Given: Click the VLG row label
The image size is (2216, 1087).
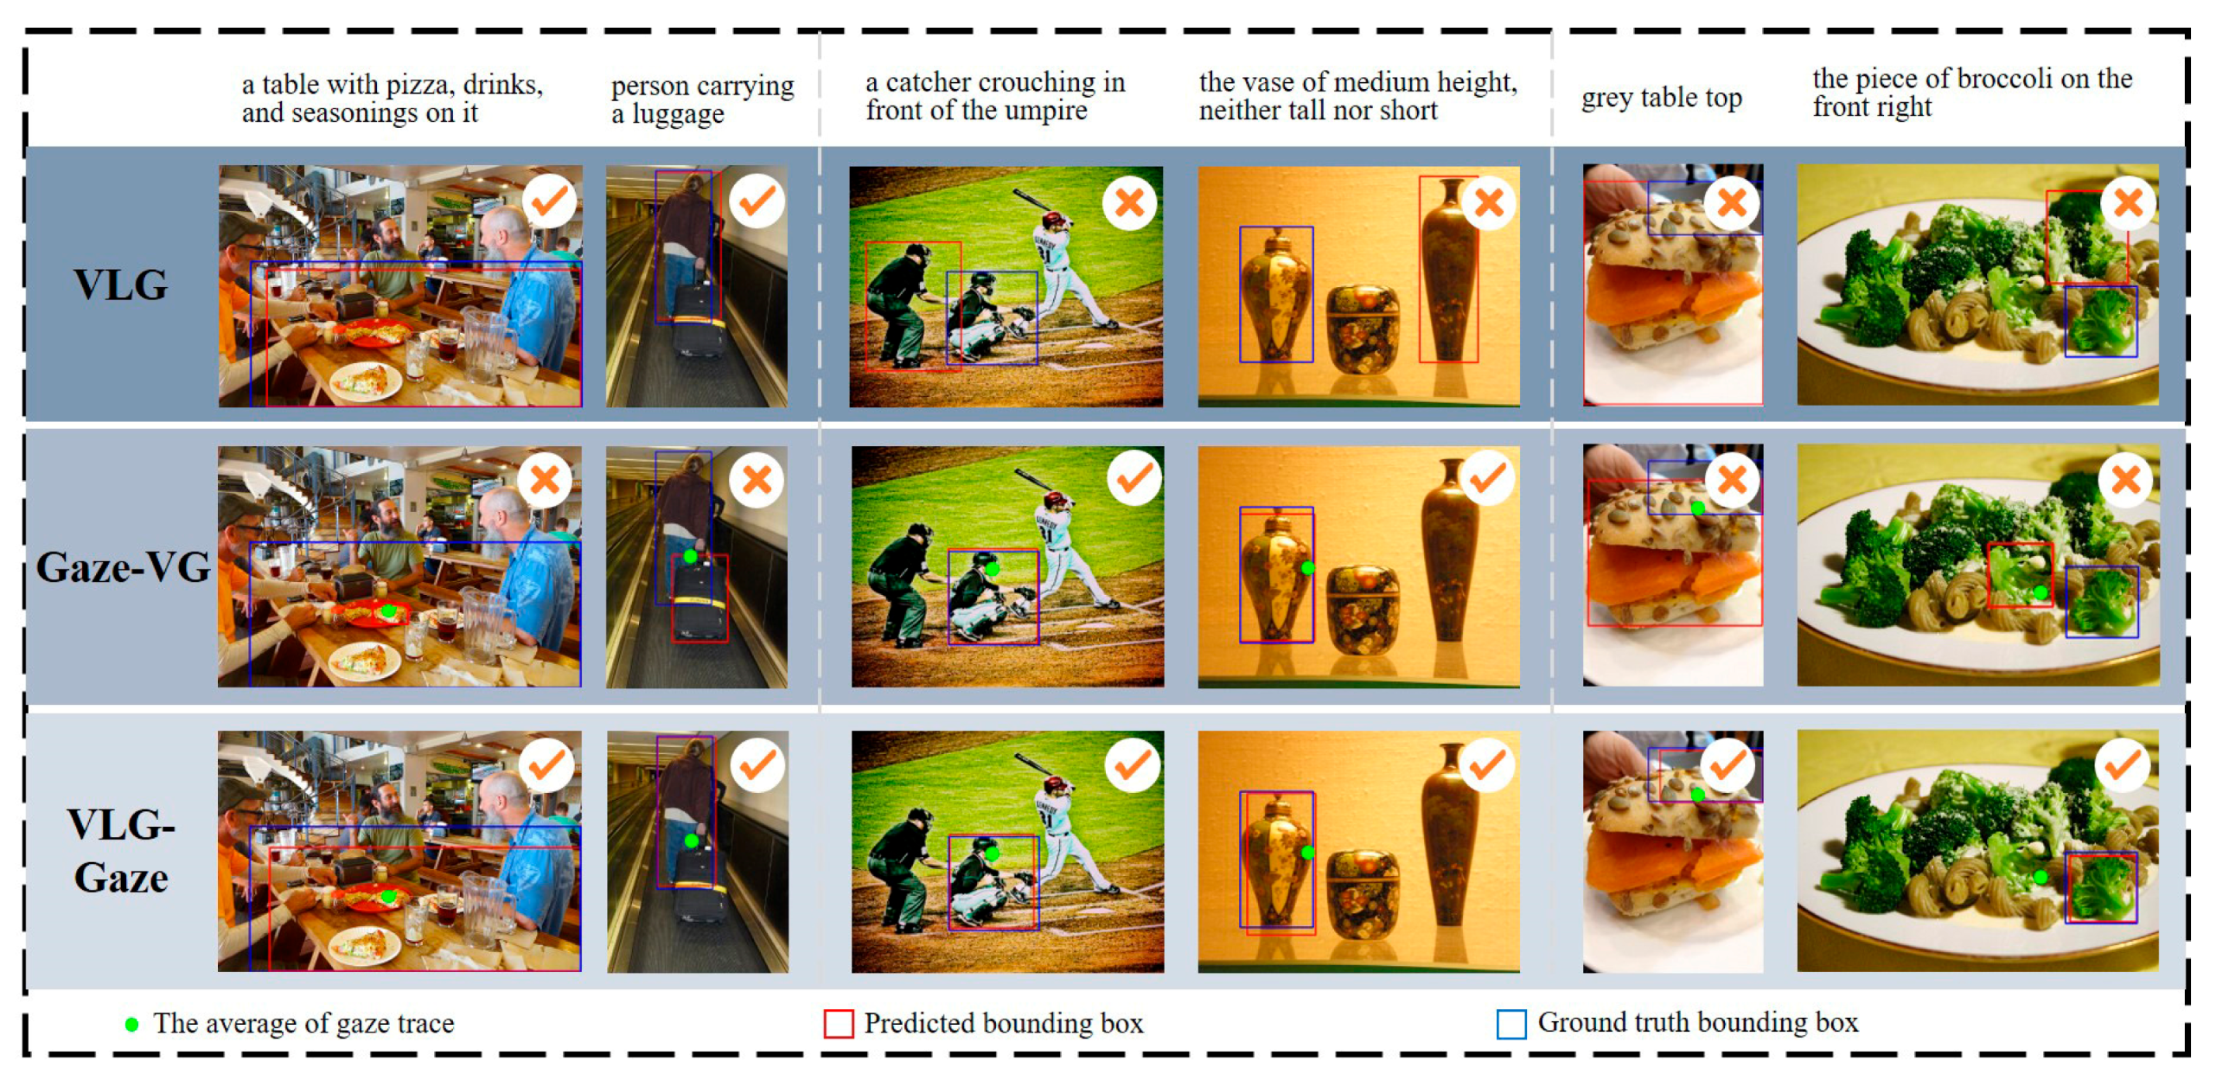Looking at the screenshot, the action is click(120, 285).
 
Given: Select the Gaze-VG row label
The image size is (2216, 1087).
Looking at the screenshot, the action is click(123, 568).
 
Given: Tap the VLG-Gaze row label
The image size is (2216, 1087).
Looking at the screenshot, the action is click(121, 851).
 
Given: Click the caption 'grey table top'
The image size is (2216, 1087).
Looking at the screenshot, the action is click(1661, 98).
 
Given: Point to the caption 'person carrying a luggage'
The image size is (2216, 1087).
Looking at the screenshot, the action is click(702, 99).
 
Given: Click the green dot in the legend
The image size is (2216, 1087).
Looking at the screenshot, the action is click(131, 1025).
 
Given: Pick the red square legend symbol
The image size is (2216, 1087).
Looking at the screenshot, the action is click(839, 1024).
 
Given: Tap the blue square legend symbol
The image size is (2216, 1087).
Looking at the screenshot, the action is click(1511, 1024).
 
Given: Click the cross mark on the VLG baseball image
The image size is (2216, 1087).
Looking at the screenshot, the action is click(1129, 203).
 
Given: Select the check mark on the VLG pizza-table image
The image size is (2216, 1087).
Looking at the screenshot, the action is click(549, 201).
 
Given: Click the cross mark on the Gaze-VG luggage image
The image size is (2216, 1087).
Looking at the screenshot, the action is click(757, 480).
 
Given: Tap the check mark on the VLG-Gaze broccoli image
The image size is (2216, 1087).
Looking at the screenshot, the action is click(2123, 765).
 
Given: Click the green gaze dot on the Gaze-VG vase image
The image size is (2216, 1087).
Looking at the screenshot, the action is click(1308, 568).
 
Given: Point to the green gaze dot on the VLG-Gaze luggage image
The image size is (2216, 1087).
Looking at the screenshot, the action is click(691, 841).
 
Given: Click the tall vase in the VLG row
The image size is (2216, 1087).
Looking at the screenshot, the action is click(1448, 270).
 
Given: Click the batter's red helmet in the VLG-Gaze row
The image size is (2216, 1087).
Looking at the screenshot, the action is click(1057, 784).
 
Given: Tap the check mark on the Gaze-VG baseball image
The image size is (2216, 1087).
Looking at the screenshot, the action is click(1134, 478).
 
